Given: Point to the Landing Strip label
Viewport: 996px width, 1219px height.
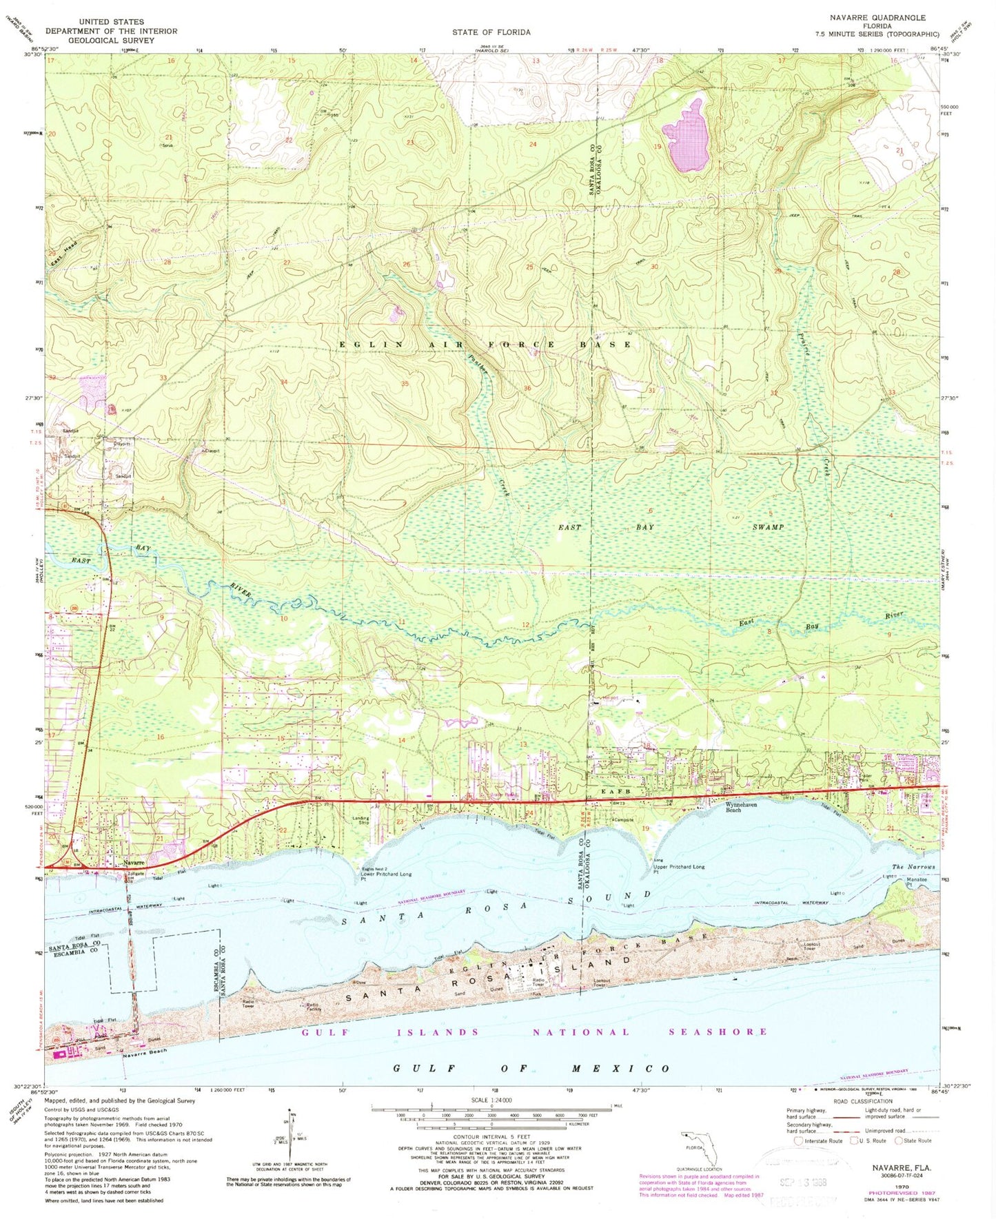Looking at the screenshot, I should [360, 821].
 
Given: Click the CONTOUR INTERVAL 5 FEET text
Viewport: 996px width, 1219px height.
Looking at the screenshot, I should [491, 1138].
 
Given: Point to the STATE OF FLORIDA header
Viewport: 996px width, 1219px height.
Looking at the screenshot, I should [491, 32].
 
